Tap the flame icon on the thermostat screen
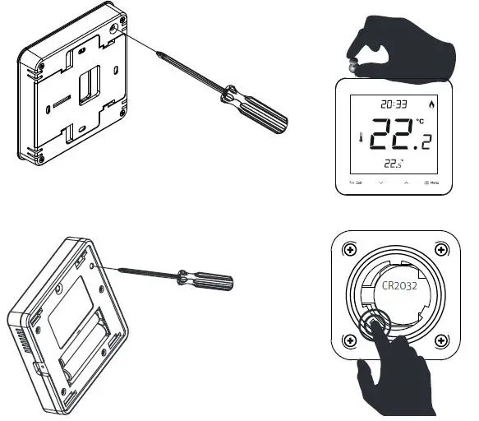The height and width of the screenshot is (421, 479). [x=434, y=105]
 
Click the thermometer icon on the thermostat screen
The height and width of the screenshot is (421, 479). [x=360, y=141]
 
